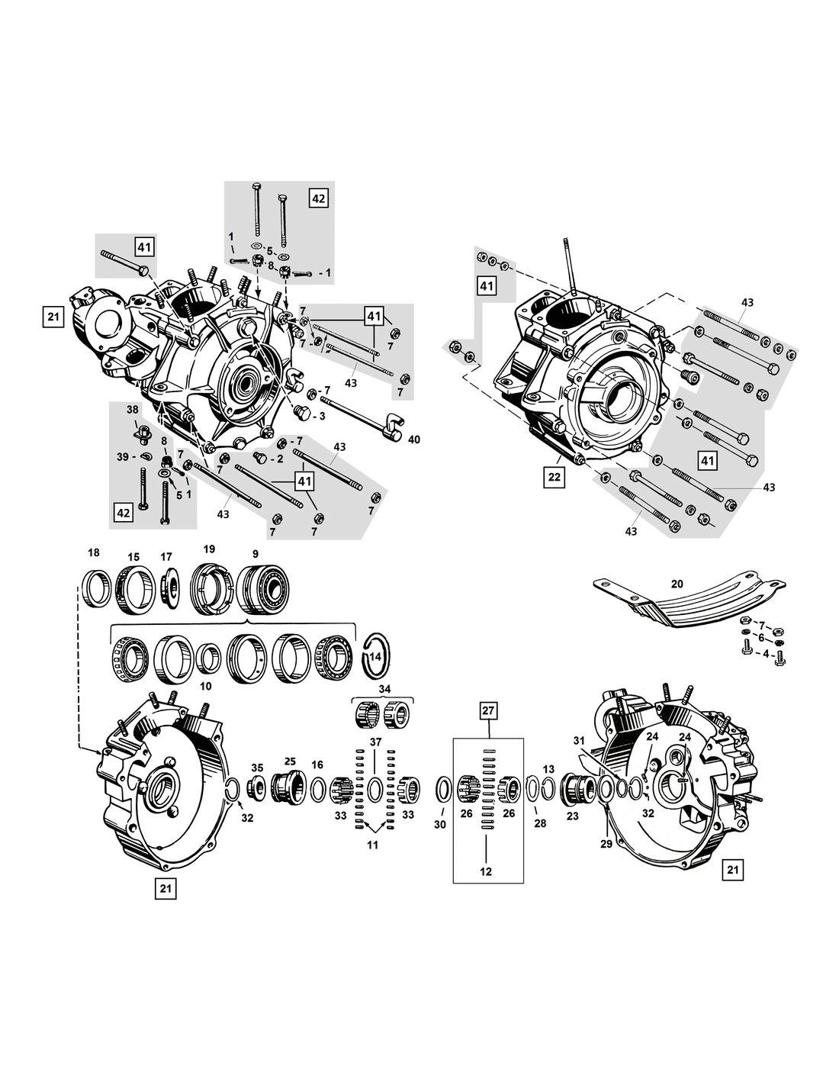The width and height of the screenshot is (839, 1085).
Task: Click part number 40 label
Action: pyautogui.click(x=414, y=439)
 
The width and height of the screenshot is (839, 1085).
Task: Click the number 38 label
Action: pyautogui.click(x=133, y=409)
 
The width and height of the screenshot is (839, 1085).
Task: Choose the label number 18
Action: pyautogui.click(x=94, y=553)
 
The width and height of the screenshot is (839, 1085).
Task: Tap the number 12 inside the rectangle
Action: pyautogui.click(x=487, y=871)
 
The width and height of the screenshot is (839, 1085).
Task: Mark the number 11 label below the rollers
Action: pyautogui.click(x=372, y=845)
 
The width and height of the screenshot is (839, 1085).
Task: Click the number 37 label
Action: pyautogui.click(x=375, y=742)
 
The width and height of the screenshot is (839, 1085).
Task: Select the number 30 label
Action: pyautogui.click(x=439, y=824)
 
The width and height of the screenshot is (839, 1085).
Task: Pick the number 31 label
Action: pyautogui.click(x=578, y=740)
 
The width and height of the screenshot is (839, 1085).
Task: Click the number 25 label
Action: pyautogui.click(x=290, y=761)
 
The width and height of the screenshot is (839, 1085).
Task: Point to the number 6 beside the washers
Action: pyautogui.click(x=760, y=637)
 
